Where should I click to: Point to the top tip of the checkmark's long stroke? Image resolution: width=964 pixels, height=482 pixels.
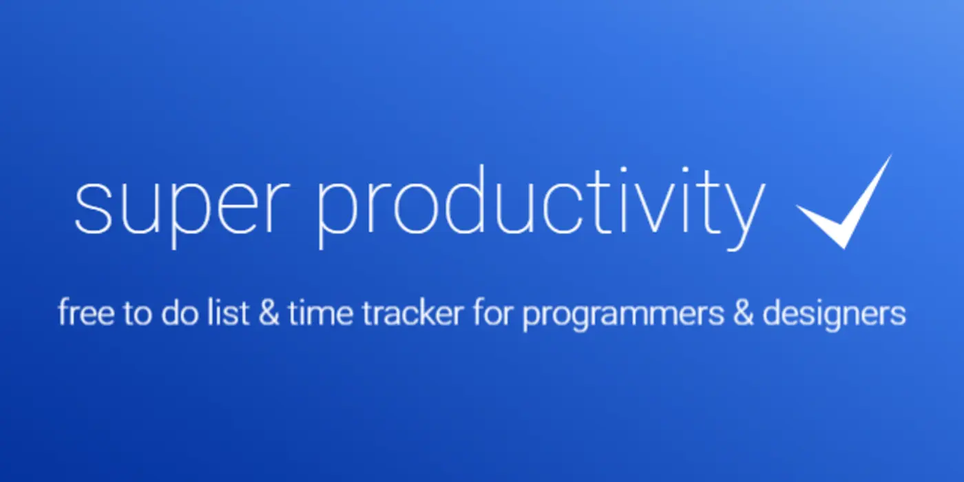click(890, 156)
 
